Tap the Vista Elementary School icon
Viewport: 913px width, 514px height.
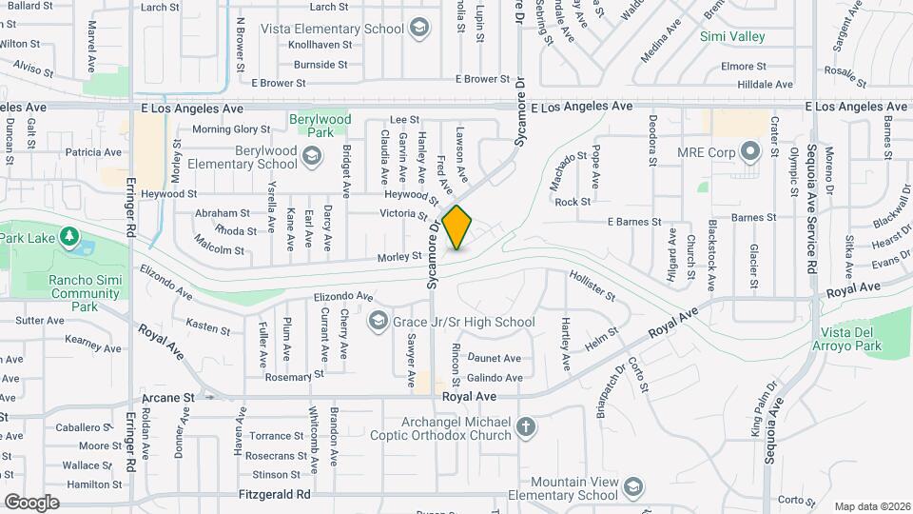pyautogui.click(x=418, y=29)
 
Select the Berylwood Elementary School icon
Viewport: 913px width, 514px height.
pyautogui.click(x=311, y=155)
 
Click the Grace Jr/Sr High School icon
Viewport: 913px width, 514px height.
pyautogui.click(x=379, y=322)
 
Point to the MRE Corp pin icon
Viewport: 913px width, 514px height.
pyautogui.click(x=751, y=151)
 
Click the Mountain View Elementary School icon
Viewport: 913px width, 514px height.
pyautogui.click(x=631, y=488)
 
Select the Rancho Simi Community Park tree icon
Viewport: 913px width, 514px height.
pyautogui.click(x=68, y=235)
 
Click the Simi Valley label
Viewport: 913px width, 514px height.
pyautogui.click(x=732, y=36)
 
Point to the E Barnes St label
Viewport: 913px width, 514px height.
pyautogui.click(x=634, y=222)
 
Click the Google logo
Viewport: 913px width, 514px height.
pyautogui.click(x=31, y=503)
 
